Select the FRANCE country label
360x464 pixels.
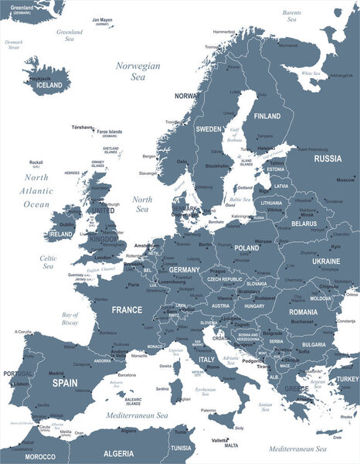tap(126, 309)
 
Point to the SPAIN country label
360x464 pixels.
tap(65, 382)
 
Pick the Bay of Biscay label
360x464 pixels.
tap(71, 319)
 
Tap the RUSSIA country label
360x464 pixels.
tap(328, 159)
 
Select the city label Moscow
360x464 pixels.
tap(345, 179)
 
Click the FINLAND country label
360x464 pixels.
tap(267, 116)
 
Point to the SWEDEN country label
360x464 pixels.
tap(208, 128)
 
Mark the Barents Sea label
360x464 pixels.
tap(292, 15)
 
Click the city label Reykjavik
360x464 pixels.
tap(40, 78)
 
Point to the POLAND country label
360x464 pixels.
tap(247, 247)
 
